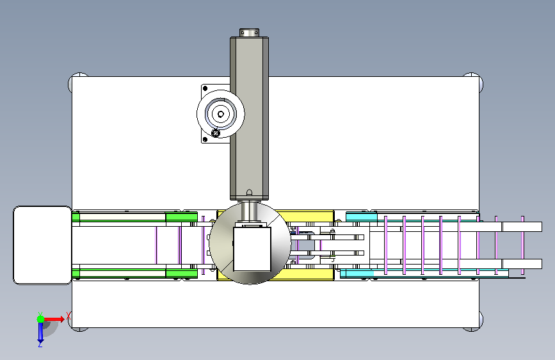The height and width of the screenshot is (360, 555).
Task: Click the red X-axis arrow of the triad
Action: click(54, 319)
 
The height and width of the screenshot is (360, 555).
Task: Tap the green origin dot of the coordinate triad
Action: click(41, 319)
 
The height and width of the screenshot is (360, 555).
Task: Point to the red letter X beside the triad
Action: click(68, 316)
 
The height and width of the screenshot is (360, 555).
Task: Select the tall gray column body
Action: click(249, 119)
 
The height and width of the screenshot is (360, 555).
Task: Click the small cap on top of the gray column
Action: click(249, 33)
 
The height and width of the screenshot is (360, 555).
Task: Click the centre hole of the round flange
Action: click(221, 114)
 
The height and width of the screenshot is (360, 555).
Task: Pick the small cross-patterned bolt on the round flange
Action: click(216, 133)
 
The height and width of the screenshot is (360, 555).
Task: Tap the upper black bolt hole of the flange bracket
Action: click(205, 88)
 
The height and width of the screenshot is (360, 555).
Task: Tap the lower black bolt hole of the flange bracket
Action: click(205, 139)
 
